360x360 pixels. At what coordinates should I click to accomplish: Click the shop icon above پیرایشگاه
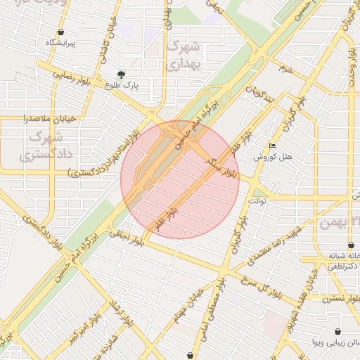tap(61, 32)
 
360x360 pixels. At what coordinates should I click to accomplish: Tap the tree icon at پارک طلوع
tap(122, 75)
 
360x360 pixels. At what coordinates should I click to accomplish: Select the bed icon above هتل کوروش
tap(272, 146)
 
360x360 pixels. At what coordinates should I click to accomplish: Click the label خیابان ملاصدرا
tap(48, 118)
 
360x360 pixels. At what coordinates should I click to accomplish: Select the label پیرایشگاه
tap(60, 43)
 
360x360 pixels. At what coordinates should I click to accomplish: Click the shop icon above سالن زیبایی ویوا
tap(339, 331)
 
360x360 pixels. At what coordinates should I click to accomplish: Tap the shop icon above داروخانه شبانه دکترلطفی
tap(351, 245)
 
